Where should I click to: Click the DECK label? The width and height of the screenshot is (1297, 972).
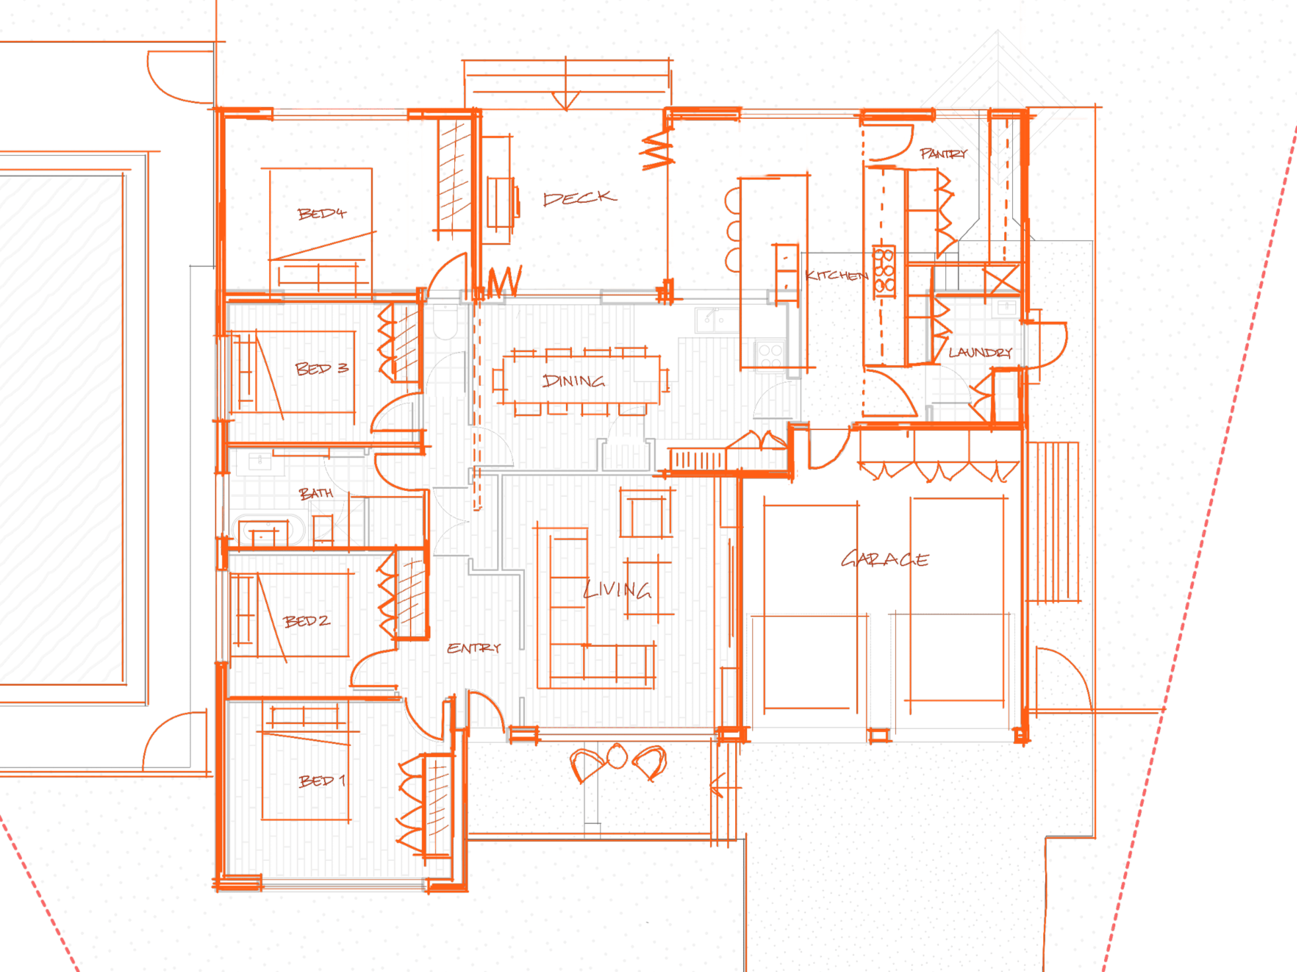click(x=579, y=198)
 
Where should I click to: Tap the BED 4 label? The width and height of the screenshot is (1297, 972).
click(x=321, y=213)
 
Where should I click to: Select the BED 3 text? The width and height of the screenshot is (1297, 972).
click(x=321, y=368)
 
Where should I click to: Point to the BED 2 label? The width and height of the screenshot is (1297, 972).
click(x=306, y=621)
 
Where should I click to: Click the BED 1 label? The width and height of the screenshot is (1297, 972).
click(x=322, y=781)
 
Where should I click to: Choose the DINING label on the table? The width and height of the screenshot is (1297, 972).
click(x=573, y=381)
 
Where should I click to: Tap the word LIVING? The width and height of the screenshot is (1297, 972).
click(x=617, y=589)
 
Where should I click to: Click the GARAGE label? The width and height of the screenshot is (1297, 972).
click(x=884, y=560)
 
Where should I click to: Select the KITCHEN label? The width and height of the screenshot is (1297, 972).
click(x=836, y=276)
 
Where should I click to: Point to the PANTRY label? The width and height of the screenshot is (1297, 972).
click(x=943, y=153)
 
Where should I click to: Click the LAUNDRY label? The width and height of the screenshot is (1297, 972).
click(x=980, y=352)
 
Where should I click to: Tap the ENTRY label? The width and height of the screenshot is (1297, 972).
click(x=473, y=648)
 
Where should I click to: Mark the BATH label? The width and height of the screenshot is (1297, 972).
click(x=315, y=493)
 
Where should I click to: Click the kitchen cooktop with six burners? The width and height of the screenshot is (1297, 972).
click(x=884, y=271)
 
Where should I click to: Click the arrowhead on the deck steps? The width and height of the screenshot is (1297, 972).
click(x=566, y=102)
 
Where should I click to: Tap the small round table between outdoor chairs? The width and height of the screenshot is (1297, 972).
click(x=617, y=756)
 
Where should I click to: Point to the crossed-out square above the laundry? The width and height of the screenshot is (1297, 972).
click(x=1002, y=278)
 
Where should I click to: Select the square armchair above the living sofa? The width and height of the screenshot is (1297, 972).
click(x=646, y=515)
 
